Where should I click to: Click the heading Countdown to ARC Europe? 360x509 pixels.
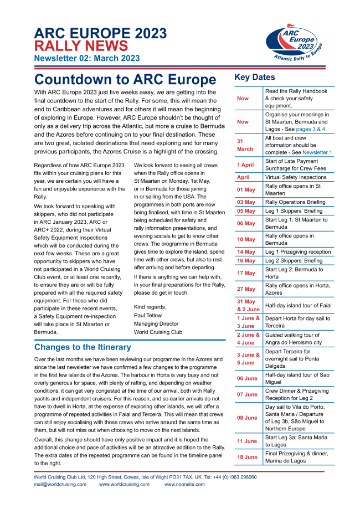[x=125, y=79]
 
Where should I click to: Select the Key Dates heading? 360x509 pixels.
[x=255, y=78]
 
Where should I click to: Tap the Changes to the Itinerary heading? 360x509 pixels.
[x=83, y=347]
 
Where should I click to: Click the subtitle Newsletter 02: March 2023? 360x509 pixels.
[x=87, y=58]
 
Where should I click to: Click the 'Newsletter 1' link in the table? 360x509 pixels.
[x=317, y=152]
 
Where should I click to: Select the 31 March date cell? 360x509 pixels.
[x=245, y=145]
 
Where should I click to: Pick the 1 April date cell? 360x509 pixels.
[x=245, y=164]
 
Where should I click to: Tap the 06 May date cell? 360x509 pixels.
[x=246, y=223]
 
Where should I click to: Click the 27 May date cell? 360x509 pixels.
[x=246, y=289]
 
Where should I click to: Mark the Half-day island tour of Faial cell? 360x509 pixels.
[x=296, y=305]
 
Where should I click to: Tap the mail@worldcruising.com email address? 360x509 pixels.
[x=60, y=484]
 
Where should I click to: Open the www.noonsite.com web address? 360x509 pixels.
[x=186, y=484]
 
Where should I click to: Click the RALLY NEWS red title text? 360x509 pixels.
[x=81, y=46]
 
